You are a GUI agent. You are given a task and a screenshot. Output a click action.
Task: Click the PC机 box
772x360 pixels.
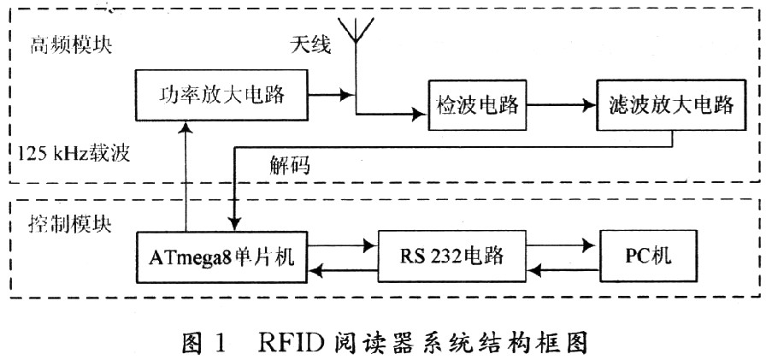(x=647, y=254)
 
